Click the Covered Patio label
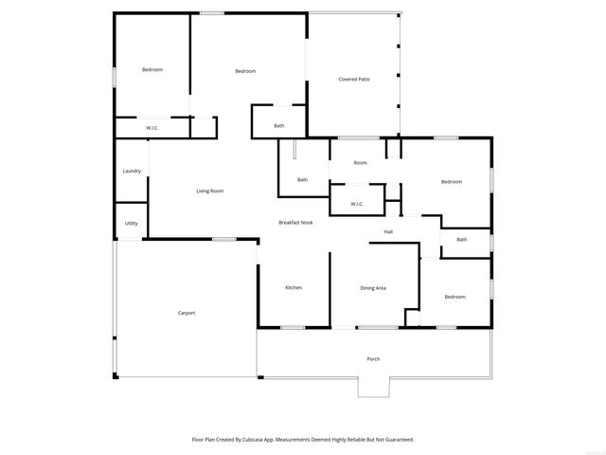point(354,79)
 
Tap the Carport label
point(187,313)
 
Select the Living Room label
point(209,191)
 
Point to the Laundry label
point(132,171)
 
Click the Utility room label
point(132,224)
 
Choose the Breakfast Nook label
point(295,222)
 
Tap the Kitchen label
point(294,287)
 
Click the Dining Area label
point(373,287)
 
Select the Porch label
point(373,358)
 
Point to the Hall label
point(388,231)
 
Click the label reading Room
point(361,163)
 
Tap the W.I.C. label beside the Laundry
point(151,127)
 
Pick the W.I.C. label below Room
point(357,203)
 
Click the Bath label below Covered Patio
point(279,126)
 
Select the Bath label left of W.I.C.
point(302,180)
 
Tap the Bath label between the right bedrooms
point(461,239)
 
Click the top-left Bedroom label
point(152,70)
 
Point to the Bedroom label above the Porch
point(454,297)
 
